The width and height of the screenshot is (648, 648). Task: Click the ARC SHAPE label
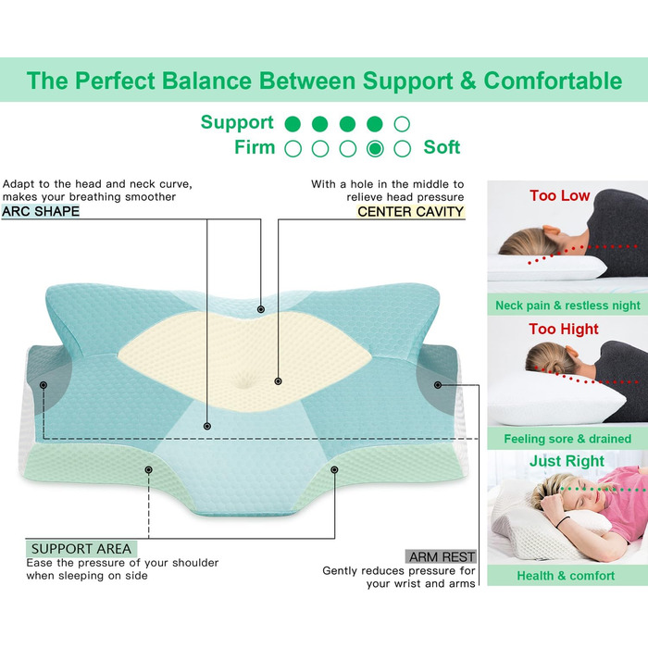point(41,211)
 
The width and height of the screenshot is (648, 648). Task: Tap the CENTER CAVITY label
point(410,212)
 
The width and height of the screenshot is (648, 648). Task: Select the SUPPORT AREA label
point(81,549)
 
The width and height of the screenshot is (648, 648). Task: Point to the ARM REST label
point(442,557)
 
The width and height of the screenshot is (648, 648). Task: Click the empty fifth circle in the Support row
point(402,124)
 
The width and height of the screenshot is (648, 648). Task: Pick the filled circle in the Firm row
point(375,149)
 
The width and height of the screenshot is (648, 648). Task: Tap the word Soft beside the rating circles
point(442,147)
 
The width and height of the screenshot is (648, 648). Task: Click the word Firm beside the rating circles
point(255,147)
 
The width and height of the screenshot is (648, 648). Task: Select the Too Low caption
point(559,195)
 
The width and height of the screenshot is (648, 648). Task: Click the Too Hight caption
point(564,329)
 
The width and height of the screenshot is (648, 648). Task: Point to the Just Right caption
point(567,461)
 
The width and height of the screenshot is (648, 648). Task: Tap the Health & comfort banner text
point(566,576)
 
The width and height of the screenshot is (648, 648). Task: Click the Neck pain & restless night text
point(567,305)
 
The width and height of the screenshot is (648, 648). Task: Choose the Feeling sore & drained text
point(567,439)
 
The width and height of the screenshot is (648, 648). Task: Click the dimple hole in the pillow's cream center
point(244,380)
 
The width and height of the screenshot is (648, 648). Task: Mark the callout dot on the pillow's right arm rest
point(438,385)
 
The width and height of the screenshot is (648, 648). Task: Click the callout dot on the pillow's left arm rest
point(44,385)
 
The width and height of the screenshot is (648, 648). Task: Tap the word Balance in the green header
point(206,81)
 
